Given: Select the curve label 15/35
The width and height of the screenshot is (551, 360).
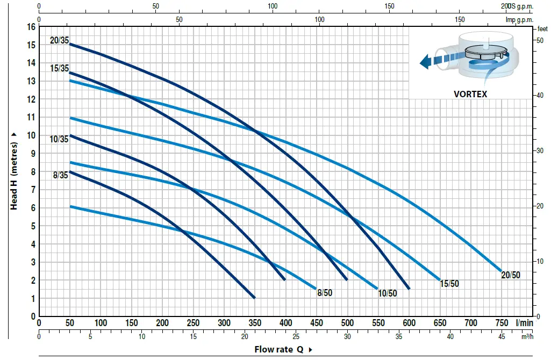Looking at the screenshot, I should point(60,68).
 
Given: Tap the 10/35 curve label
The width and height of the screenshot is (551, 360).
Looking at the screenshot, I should point(60,139).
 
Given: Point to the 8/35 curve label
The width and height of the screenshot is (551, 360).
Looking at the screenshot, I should point(60,175).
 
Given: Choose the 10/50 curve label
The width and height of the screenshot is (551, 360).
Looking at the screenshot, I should point(388,293).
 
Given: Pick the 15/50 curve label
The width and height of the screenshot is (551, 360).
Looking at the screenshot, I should point(449,284).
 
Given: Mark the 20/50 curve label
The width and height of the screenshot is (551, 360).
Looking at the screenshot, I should point(511,275).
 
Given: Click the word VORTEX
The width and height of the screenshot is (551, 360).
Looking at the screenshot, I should point(470,93).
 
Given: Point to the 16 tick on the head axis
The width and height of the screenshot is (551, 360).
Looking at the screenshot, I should point(31,26).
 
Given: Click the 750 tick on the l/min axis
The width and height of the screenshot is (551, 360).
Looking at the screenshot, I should point(502,323).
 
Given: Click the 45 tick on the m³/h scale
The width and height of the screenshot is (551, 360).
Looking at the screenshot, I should point(502,337).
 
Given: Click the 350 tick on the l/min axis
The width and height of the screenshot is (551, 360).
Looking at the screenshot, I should point(254,323).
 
